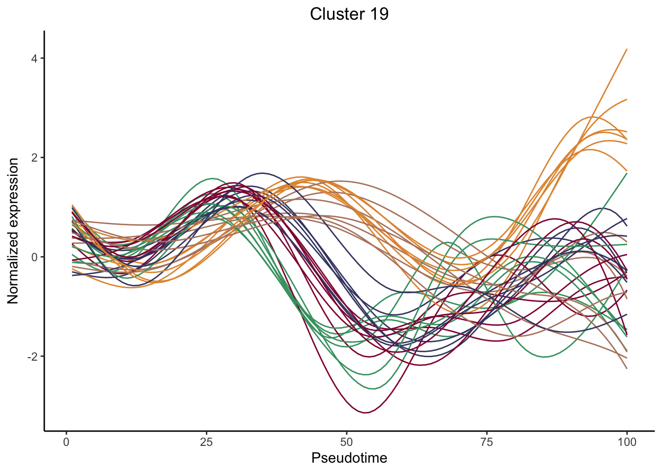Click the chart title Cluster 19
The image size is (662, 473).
349,14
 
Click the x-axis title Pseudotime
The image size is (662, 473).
349,458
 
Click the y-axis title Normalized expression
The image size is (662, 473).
13,231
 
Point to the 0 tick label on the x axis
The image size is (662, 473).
66,442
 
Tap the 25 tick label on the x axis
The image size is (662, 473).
206,442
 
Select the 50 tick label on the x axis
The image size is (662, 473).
347,442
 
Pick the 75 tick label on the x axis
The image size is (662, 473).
487,442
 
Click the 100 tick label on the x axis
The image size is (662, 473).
627,442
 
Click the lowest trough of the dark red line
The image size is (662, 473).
365,413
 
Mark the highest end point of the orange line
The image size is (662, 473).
627,49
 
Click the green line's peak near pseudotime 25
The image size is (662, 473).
212,178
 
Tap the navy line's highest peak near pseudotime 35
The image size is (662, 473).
263,173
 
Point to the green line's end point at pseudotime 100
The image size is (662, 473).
627,173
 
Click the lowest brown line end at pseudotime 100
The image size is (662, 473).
627,369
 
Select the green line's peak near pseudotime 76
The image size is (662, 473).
495,216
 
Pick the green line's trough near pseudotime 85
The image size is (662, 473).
545,357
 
